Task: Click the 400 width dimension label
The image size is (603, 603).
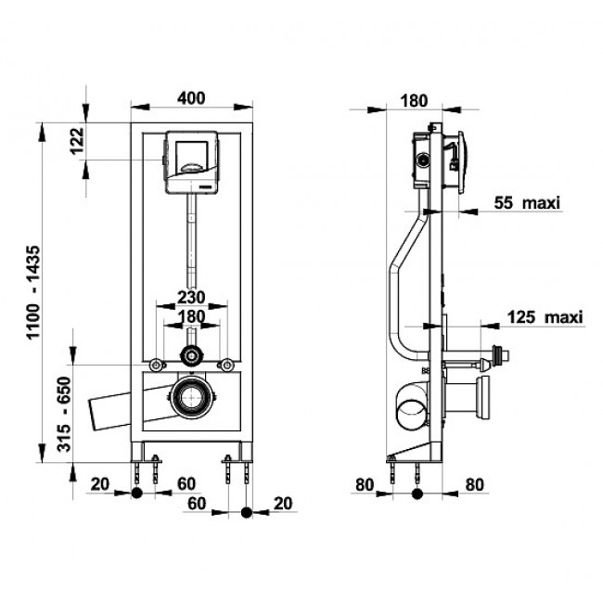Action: [x=191, y=98]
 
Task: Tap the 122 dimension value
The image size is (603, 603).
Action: [x=77, y=141]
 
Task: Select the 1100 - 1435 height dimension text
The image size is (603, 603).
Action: [x=33, y=292]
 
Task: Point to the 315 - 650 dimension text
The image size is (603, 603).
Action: [x=64, y=414]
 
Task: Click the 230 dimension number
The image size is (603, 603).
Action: [x=191, y=297]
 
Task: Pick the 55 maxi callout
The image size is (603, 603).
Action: [x=527, y=202]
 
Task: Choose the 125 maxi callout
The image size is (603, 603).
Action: [x=545, y=317]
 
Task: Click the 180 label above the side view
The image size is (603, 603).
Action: [x=414, y=101]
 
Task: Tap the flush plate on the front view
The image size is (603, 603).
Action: [x=192, y=161]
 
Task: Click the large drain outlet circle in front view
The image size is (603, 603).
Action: [x=190, y=397]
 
